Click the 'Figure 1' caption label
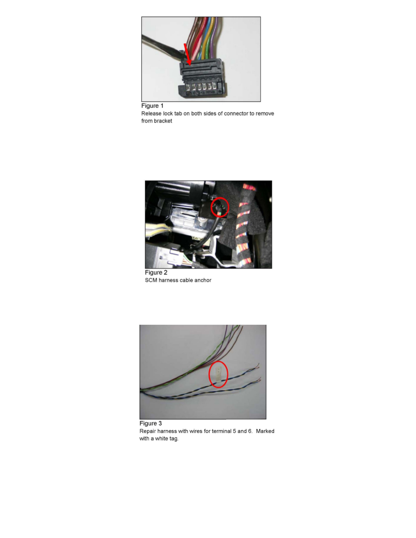click(152, 106)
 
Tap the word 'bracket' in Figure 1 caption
click(163, 121)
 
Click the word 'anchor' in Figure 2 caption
click(202, 280)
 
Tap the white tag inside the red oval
click(218, 374)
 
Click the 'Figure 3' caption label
click(150, 424)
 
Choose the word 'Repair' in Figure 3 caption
click(148, 432)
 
